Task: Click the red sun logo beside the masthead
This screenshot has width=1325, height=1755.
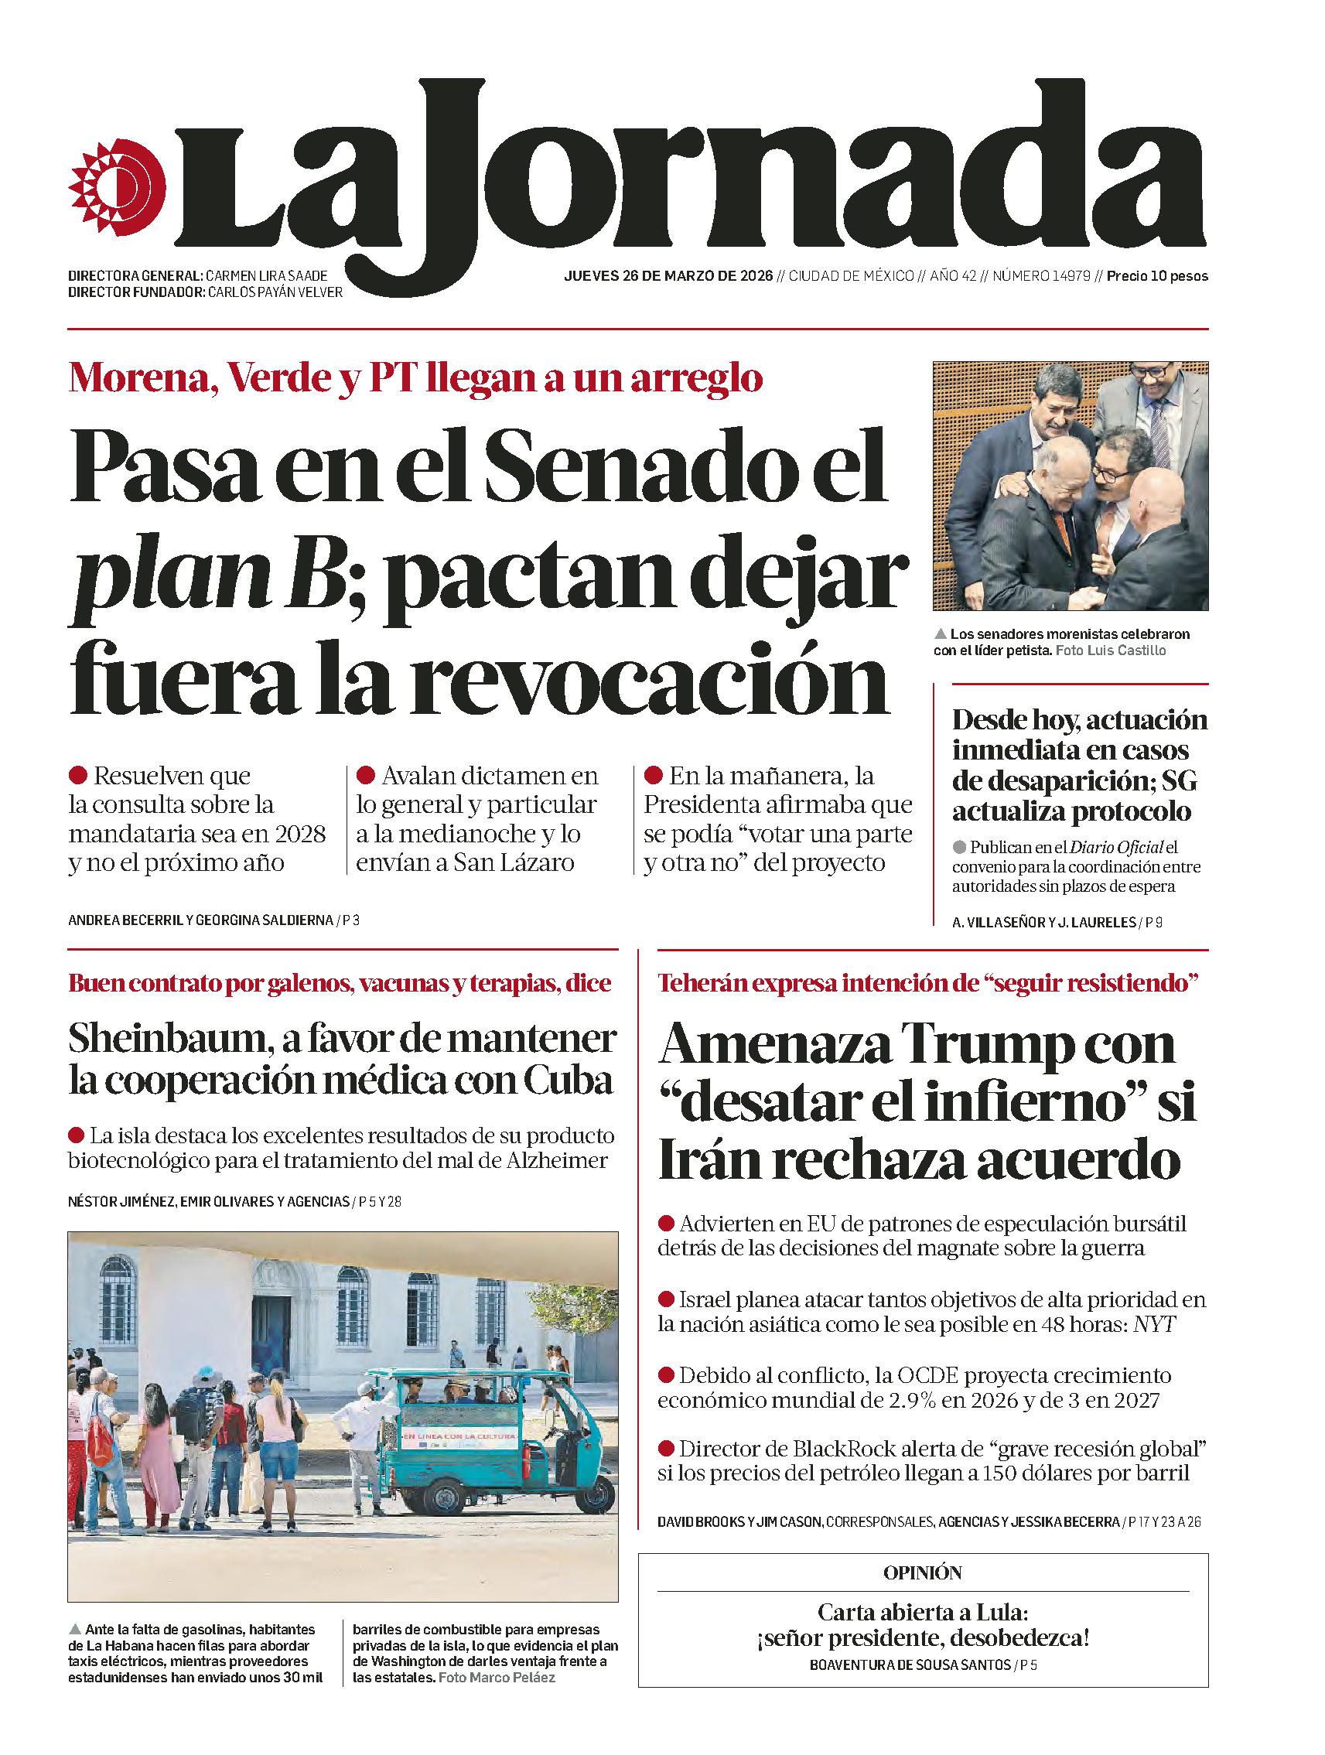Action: [x=118, y=188]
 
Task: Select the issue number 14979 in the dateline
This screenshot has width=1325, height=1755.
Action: [x=1069, y=276]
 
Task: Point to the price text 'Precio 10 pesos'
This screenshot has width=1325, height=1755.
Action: [x=1157, y=276]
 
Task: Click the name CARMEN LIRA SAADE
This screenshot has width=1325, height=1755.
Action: [x=266, y=276]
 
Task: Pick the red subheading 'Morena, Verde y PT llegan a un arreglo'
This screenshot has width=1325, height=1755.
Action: [x=415, y=378]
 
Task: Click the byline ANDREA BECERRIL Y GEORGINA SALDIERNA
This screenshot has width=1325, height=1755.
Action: [x=201, y=921]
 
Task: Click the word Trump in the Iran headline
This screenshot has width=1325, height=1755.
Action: [x=985, y=1044]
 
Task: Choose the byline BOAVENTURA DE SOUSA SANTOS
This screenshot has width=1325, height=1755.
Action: [x=910, y=1660]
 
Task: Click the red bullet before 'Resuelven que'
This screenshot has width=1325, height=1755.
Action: [x=78, y=774]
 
